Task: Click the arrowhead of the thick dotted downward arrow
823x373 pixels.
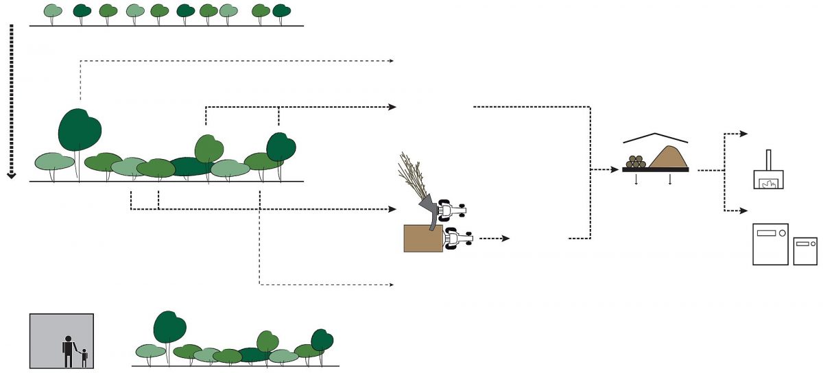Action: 11,176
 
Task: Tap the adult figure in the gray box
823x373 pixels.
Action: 69,350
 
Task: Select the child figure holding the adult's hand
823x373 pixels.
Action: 84,357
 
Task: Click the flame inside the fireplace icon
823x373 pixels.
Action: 768,183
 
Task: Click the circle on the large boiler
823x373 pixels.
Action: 782,234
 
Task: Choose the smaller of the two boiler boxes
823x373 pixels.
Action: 805,251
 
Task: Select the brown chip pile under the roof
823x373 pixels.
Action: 667,157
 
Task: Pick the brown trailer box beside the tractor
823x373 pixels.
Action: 423,238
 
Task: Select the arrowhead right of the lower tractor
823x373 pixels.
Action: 507,239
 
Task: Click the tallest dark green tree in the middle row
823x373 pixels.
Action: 80,130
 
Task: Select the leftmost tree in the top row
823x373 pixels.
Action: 51,11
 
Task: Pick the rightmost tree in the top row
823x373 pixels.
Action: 281,11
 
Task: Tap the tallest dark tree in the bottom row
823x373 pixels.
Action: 170,327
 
